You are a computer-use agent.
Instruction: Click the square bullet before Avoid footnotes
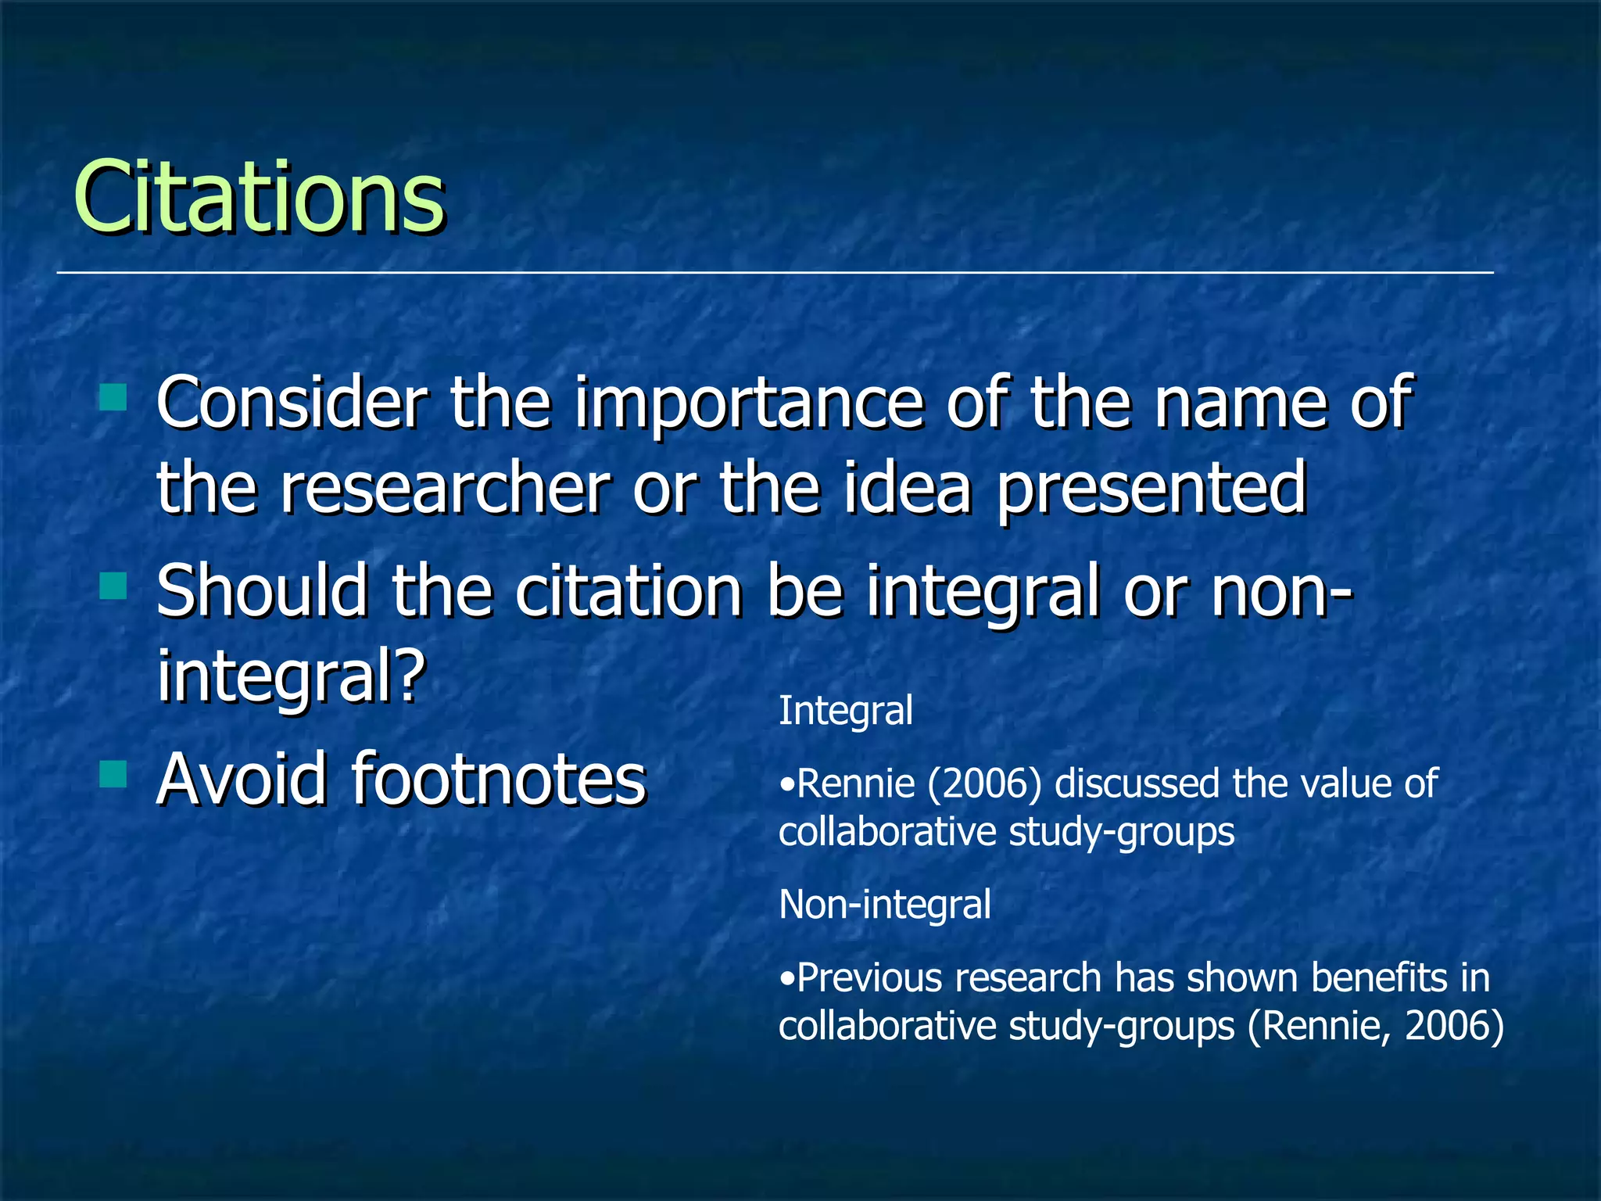tap(113, 773)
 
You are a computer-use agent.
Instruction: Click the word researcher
tap(444, 489)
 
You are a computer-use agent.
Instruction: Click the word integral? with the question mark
tap(291, 677)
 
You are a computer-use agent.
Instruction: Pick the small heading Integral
tap(845, 712)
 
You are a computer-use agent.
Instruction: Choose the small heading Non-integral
tap(885, 905)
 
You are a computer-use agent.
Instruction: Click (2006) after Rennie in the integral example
tap(984, 784)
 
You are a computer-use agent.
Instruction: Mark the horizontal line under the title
tap(775, 273)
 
